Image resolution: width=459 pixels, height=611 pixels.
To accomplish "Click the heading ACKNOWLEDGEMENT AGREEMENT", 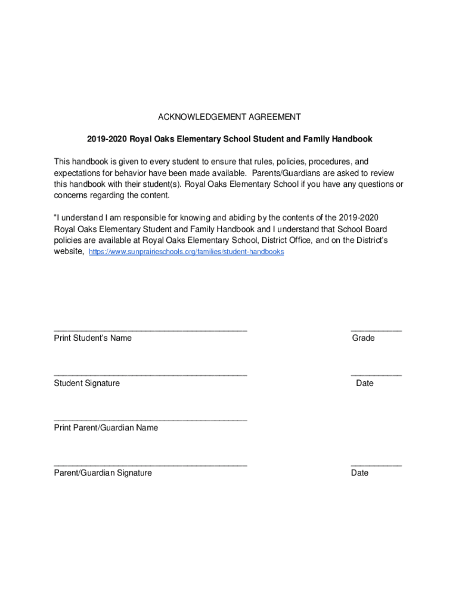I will tap(229, 117).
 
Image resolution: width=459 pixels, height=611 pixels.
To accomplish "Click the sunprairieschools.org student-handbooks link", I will tap(186, 252).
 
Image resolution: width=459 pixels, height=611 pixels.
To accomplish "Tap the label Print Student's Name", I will tap(93, 338).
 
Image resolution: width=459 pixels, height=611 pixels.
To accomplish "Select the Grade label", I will tap(364, 338).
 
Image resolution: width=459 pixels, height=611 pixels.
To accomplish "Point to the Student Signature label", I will tap(87, 383).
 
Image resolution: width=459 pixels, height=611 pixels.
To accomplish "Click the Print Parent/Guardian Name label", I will tap(106, 428).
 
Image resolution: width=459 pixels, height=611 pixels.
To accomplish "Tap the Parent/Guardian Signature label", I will tap(103, 473).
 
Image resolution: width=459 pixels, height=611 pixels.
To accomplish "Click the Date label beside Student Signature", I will tap(365, 383).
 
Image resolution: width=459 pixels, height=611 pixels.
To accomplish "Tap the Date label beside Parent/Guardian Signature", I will tap(360, 473).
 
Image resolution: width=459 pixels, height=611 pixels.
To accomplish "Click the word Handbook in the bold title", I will tap(352, 139).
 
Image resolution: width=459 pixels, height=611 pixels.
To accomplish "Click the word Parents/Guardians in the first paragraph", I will tap(285, 173).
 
